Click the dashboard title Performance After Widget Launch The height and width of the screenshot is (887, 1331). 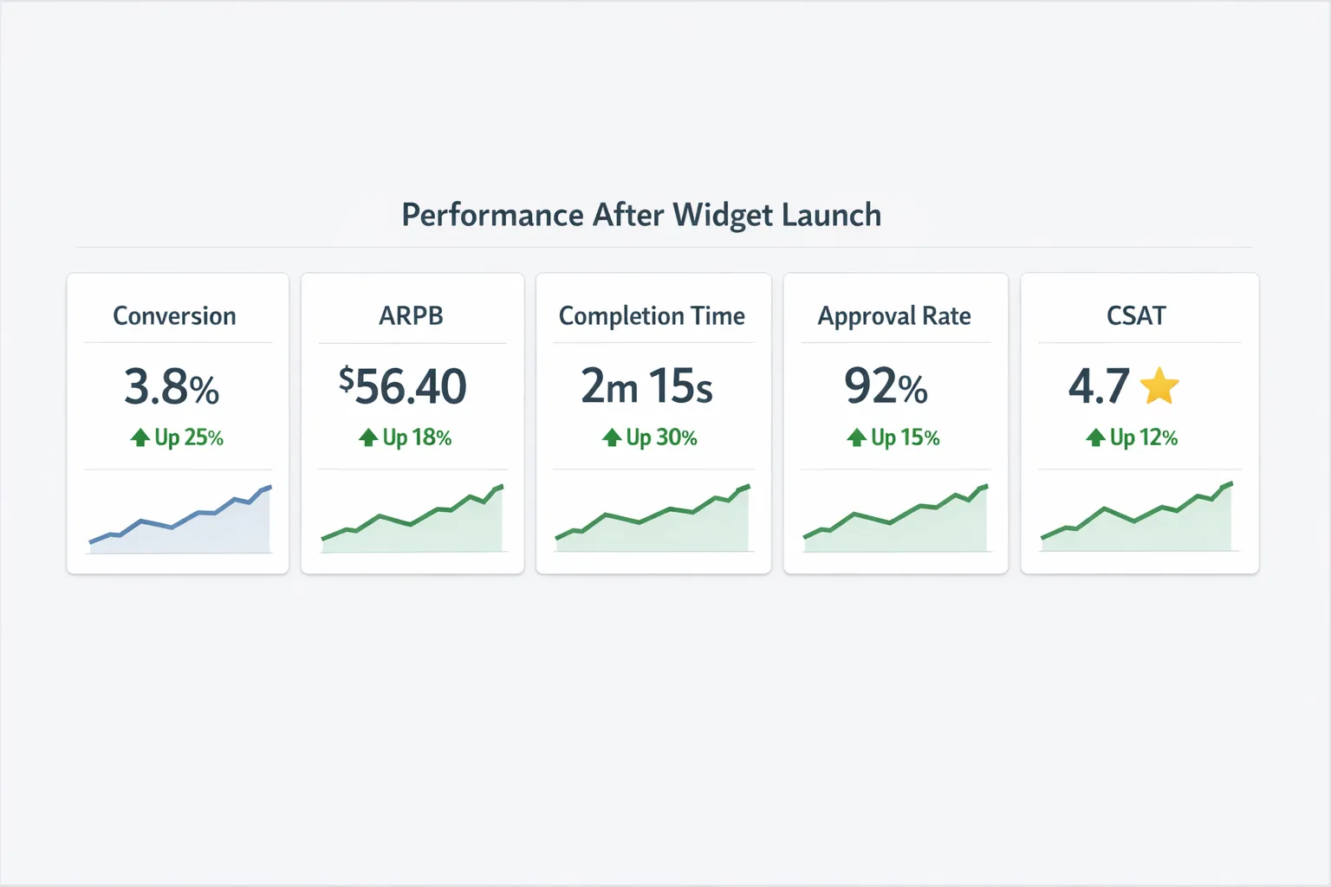coord(641,215)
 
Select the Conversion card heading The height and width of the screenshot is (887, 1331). coord(174,316)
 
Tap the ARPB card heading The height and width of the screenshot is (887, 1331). coord(411,316)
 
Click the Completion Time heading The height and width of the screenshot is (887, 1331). coord(652,316)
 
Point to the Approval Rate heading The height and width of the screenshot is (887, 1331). coord(894,316)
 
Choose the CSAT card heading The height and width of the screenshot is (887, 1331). coord(1136,316)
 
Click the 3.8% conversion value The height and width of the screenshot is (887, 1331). coord(172,386)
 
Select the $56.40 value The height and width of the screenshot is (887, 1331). coord(403,386)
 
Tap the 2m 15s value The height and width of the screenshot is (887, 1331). coord(646,386)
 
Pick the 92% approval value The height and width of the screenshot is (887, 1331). coord(886,386)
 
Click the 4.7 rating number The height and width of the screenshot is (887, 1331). coord(1099,386)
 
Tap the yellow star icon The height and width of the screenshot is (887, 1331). coord(1159,386)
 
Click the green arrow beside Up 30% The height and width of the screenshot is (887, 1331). coord(612,437)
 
